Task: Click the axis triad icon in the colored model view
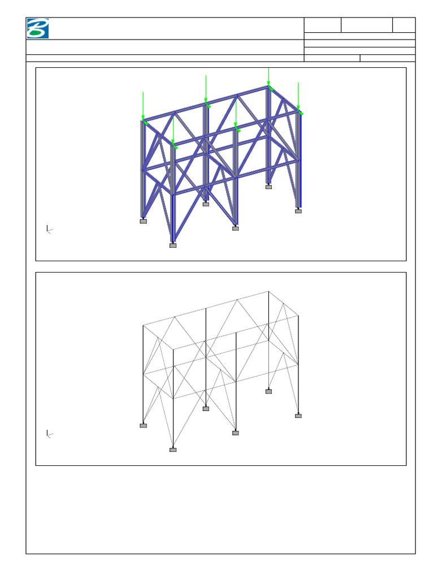tap(49, 229)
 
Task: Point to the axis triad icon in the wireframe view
tap(49, 434)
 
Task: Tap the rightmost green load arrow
tap(298, 97)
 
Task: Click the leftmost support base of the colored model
tap(144, 221)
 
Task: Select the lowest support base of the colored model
tap(173, 245)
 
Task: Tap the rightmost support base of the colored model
tap(298, 211)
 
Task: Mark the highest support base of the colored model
tap(268, 187)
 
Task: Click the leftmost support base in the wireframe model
tap(144, 426)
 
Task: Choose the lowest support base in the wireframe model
tap(173, 450)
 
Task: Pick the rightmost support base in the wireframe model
tap(298, 416)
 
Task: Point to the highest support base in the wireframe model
tap(268, 391)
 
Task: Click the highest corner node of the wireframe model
tap(268, 292)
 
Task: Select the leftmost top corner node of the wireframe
tap(144, 325)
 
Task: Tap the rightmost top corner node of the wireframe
tap(298, 316)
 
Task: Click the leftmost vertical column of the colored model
tap(142, 170)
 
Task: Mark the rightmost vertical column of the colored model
tap(299, 161)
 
